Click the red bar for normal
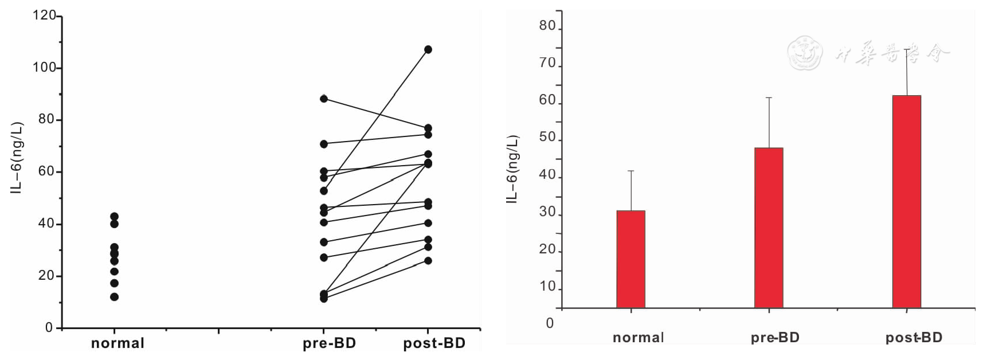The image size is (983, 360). (630, 259)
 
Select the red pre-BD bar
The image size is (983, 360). (769, 228)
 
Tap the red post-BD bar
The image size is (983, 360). (906, 201)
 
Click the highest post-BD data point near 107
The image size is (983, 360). (428, 50)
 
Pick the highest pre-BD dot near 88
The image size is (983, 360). (324, 99)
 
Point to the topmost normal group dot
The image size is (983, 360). (115, 217)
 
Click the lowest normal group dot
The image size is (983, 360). (115, 297)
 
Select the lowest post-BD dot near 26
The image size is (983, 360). (428, 261)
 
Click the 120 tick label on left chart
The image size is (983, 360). (45, 15)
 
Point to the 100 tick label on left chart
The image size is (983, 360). (45, 68)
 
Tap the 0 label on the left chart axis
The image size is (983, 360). (49, 328)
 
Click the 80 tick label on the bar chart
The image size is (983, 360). (547, 26)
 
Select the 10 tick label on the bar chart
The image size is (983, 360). (547, 287)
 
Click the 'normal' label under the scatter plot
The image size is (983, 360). (118, 343)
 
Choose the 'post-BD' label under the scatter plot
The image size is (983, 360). (434, 343)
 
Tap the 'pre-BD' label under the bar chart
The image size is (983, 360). (775, 338)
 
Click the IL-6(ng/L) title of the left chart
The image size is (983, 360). (17, 158)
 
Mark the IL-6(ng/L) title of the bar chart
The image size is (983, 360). (512, 169)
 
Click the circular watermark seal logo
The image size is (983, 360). (804, 53)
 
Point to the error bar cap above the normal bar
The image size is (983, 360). (630, 171)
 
